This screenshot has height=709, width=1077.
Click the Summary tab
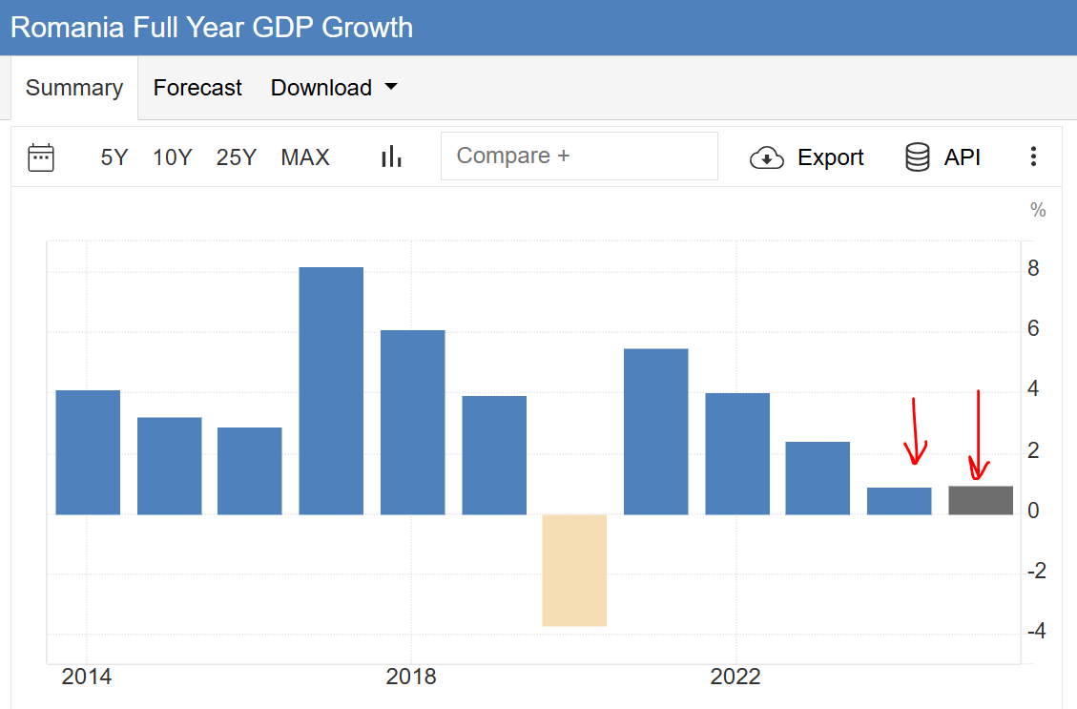point(74,88)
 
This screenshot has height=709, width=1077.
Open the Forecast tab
point(197,88)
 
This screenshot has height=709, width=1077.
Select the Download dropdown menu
point(334,88)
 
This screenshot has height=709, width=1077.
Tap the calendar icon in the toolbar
point(41,157)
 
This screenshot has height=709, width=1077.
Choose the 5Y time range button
point(114,157)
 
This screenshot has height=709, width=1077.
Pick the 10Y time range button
point(173,157)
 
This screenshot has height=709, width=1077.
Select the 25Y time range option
point(237,157)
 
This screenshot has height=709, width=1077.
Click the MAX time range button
point(305,157)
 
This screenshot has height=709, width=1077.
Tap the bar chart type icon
point(391,157)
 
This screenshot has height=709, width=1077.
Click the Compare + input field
point(579,156)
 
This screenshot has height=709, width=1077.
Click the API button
point(942,157)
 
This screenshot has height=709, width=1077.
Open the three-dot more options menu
point(1033,157)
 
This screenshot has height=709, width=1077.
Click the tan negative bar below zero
point(574,570)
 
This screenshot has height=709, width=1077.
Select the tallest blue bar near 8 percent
point(331,390)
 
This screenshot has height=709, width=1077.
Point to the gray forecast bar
point(981,500)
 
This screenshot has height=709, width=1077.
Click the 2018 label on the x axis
point(411,677)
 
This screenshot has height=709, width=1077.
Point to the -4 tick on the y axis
point(1037,631)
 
